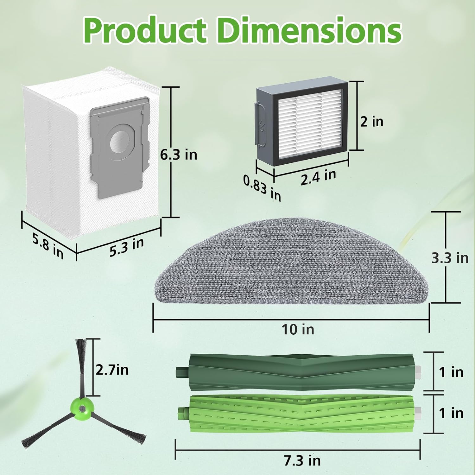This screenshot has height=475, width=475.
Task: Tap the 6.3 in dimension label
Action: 179,155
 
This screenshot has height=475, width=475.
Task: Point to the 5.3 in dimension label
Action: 127,247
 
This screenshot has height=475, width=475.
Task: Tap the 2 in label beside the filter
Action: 372,121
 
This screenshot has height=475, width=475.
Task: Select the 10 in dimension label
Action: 298,329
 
